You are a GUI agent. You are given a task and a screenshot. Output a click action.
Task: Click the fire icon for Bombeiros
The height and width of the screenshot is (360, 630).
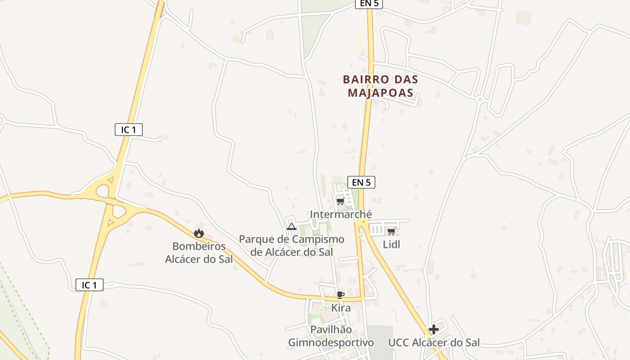[x=199, y=233]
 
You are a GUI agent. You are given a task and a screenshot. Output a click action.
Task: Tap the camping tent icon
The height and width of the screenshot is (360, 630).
[x=291, y=226]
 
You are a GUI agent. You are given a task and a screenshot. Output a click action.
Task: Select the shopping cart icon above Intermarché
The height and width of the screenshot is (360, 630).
[x=340, y=201]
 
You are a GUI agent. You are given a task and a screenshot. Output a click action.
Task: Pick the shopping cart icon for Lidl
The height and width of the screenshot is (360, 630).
[x=391, y=231]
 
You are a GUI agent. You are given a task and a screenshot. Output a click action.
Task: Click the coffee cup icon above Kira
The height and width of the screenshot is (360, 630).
[x=341, y=295]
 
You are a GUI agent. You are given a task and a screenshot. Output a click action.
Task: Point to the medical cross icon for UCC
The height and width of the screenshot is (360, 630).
[x=434, y=329]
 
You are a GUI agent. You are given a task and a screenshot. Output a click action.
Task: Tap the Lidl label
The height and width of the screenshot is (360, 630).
[x=391, y=245]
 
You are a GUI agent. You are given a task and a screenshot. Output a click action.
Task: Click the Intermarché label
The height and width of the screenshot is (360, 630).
[x=341, y=215]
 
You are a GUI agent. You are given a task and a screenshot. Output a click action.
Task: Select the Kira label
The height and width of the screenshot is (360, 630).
[x=341, y=308]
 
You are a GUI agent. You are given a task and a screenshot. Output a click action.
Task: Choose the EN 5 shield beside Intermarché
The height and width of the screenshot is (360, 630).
[x=361, y=182]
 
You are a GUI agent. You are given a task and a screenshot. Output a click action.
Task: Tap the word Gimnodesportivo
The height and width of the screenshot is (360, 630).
[x=331, y=343]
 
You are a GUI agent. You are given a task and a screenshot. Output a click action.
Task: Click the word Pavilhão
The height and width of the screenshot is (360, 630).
[x=331, y=330]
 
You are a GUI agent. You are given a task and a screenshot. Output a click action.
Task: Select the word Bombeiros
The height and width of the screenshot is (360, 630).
[x=199, y=247]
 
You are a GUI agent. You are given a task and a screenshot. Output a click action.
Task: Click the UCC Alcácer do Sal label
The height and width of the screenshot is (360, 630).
[x=434, y=343]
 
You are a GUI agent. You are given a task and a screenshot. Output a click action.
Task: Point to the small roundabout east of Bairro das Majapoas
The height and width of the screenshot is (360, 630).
[x=480, y=99]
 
